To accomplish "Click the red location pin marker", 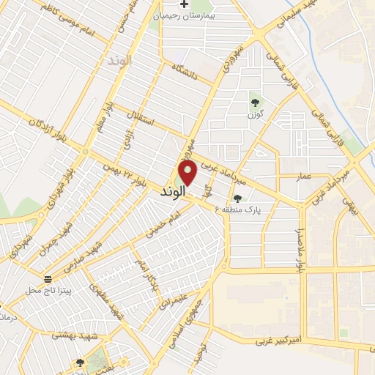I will (x=187, y=173).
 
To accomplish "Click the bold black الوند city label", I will (x=174, y=192).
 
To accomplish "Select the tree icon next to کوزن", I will (x=255, y=103).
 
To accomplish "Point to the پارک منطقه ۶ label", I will (x=237, y=209).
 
